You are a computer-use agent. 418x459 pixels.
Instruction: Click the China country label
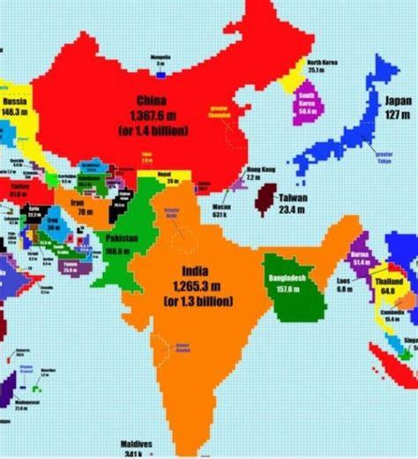(x=152, y=100)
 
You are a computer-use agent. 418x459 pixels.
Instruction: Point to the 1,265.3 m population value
(x=195, y=286)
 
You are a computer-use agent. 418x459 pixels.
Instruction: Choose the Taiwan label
(x=292, y=198)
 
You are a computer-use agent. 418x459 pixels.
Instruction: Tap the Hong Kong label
(x=262, y=169)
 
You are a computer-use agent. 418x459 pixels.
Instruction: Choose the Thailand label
(x=384, y=274)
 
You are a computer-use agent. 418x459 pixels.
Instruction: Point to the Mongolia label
(x=160, y=56)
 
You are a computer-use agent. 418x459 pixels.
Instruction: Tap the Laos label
(x=345, y=280)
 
